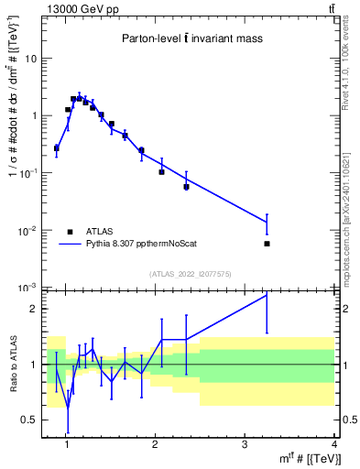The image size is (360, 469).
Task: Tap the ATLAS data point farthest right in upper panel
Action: point(267,244)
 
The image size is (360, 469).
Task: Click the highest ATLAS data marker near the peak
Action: point(80,98)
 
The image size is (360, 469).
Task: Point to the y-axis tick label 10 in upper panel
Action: point(32,59)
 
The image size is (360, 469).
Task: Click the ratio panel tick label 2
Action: point(33,309)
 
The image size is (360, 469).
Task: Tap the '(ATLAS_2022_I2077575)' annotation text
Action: point(189,274)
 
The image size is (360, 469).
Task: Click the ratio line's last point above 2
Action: point(267,295)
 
